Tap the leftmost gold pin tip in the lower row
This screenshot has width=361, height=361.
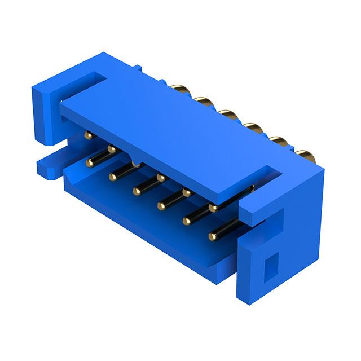tap(89, 163)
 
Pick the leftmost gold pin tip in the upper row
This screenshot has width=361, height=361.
tap(87, 135)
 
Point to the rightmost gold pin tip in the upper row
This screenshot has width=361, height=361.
tap(213, 208)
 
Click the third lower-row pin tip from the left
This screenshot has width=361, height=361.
tap(137, 192)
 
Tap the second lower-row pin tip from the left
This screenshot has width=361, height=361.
tap(113, 177)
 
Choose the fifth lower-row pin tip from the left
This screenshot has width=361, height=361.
tap(186, 221)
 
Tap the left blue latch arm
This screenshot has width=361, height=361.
tap(48, 110)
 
